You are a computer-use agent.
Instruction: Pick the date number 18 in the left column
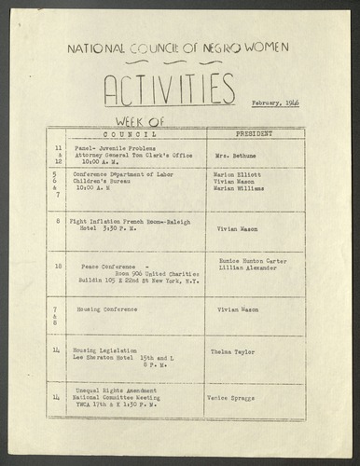(x=59, y=267)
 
